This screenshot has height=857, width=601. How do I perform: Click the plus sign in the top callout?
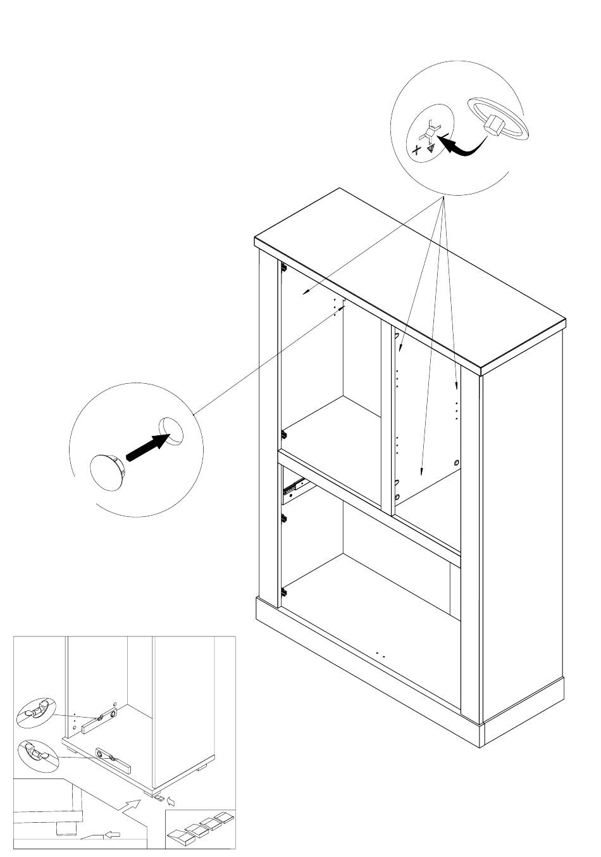(x=416, y=150)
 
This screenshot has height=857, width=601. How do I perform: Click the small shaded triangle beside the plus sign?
(x=431, y=148)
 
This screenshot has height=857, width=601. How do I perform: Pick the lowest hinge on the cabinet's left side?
(x=284, y=594)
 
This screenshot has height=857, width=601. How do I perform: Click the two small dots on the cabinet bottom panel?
(x=380, y=654)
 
